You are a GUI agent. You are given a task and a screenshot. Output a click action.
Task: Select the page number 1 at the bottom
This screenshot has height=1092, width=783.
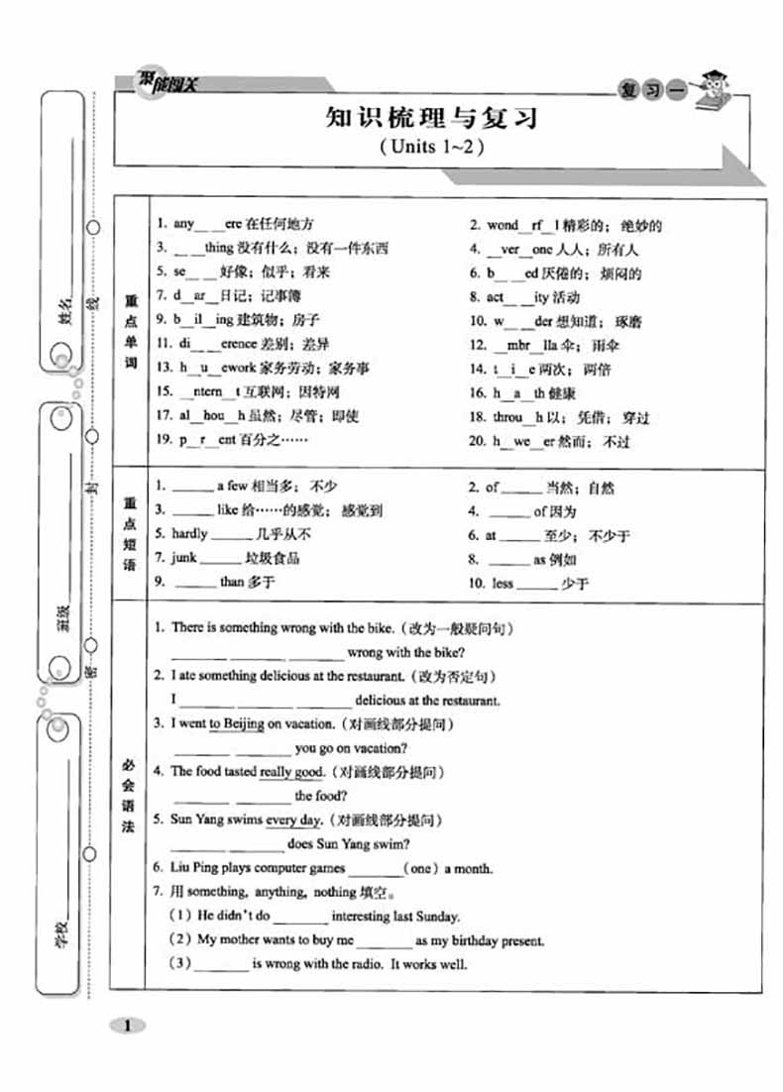tap(128, 1025)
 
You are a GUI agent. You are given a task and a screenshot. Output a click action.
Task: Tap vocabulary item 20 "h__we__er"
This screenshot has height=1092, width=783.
tap(525, 442)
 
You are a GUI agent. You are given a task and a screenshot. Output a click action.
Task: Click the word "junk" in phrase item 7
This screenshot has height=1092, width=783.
tap(184, 559)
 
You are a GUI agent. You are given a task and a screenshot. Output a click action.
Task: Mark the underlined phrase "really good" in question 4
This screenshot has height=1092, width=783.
tap(291, 772)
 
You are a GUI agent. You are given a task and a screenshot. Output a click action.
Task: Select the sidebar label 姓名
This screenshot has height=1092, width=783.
tap(65, 315)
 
